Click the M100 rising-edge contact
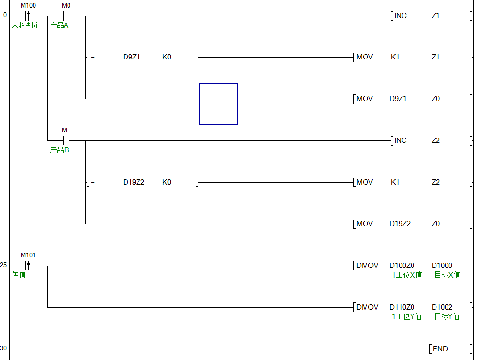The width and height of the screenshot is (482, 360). pos(28,15)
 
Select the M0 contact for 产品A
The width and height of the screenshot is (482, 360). pos(66,15)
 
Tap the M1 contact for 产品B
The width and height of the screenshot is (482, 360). pos(66,140)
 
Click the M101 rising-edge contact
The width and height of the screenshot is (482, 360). pos(28,265)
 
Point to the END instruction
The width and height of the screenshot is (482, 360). pos(440,349)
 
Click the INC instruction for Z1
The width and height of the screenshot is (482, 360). pos(400,16)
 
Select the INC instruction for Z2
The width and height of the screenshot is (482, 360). pos(400,140)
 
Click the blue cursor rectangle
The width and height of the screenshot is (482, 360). pos(218,104)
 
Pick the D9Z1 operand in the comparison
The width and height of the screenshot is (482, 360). pos(132,57)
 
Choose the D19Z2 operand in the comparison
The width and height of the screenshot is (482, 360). pos(134,182)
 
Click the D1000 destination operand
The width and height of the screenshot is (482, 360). pos(442,266)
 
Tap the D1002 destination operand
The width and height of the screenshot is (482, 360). pos(442,307)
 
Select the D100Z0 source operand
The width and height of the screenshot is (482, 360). pos(402,266)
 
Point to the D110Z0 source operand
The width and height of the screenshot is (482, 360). pos(402,307)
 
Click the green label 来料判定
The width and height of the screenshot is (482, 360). pos(26,25)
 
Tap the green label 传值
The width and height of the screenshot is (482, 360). pos(19,275)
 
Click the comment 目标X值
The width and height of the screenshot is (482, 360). pos(447,275)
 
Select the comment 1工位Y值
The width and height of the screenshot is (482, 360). pos(407,316)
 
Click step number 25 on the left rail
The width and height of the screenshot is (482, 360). pos(4,265)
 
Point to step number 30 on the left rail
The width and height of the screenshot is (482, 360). pos(4,348)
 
